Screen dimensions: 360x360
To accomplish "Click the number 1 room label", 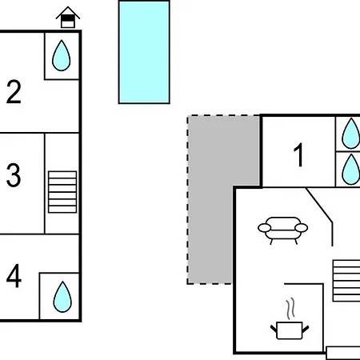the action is (x=299, y=154).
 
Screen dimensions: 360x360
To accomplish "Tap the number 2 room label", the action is (x=14, y=92).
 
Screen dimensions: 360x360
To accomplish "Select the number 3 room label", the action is (x=14, y=175).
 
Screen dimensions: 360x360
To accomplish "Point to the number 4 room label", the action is (x=14, y=275).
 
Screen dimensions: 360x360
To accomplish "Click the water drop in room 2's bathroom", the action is (x=62, y=55).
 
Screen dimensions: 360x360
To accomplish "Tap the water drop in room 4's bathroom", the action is (x=62, y=297).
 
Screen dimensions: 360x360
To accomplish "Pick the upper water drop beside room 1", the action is (x=351, y=134).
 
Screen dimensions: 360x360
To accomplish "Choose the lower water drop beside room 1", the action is (x=351, y=170).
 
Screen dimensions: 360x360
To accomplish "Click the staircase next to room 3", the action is (x=62, y=192).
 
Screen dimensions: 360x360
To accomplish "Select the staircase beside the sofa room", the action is (x=346, y=281).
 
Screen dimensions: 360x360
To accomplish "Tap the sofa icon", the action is (x=283, y=230).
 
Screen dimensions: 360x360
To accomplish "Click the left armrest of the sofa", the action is (x=265, y=228).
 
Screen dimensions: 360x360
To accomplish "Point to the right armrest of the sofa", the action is (x=302, y=228).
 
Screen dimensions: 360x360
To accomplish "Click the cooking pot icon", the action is (x=290, y=330).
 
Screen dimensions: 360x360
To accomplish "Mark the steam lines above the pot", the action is (x=291, y=308).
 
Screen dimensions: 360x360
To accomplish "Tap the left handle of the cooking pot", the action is (x=274, y=329).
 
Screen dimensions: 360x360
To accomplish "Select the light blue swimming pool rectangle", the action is (x=144, y=52).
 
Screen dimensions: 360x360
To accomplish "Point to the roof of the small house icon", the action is (x=68, y=12).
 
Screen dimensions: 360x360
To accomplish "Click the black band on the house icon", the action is (x=68, y=18).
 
